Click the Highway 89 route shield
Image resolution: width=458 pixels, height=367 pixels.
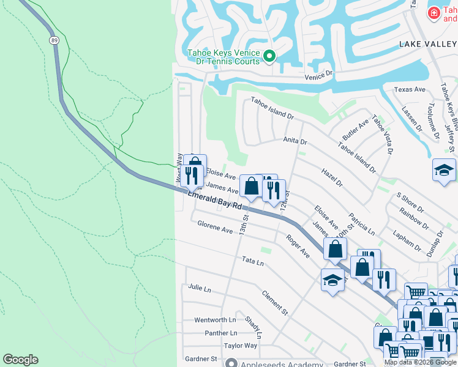coord(54,40)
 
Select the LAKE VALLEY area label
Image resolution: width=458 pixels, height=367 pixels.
coord(427,44)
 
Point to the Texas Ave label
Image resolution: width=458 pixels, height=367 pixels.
coord(410,89)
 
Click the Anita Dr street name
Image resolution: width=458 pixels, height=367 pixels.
coord(295,141)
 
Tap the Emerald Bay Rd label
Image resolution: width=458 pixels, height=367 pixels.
coord(214,200)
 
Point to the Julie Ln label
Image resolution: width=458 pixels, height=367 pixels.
coord(200,287)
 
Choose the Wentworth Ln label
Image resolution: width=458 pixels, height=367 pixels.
coord(215,320)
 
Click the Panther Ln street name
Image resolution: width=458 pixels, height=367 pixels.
coord(220,333)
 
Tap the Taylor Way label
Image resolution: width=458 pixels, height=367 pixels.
coord(240,346)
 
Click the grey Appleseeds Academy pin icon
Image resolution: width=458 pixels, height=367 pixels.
coord(231,363)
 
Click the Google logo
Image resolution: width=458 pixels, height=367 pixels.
coord(20,360)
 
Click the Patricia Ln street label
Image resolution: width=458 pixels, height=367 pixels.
coord(361,224)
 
